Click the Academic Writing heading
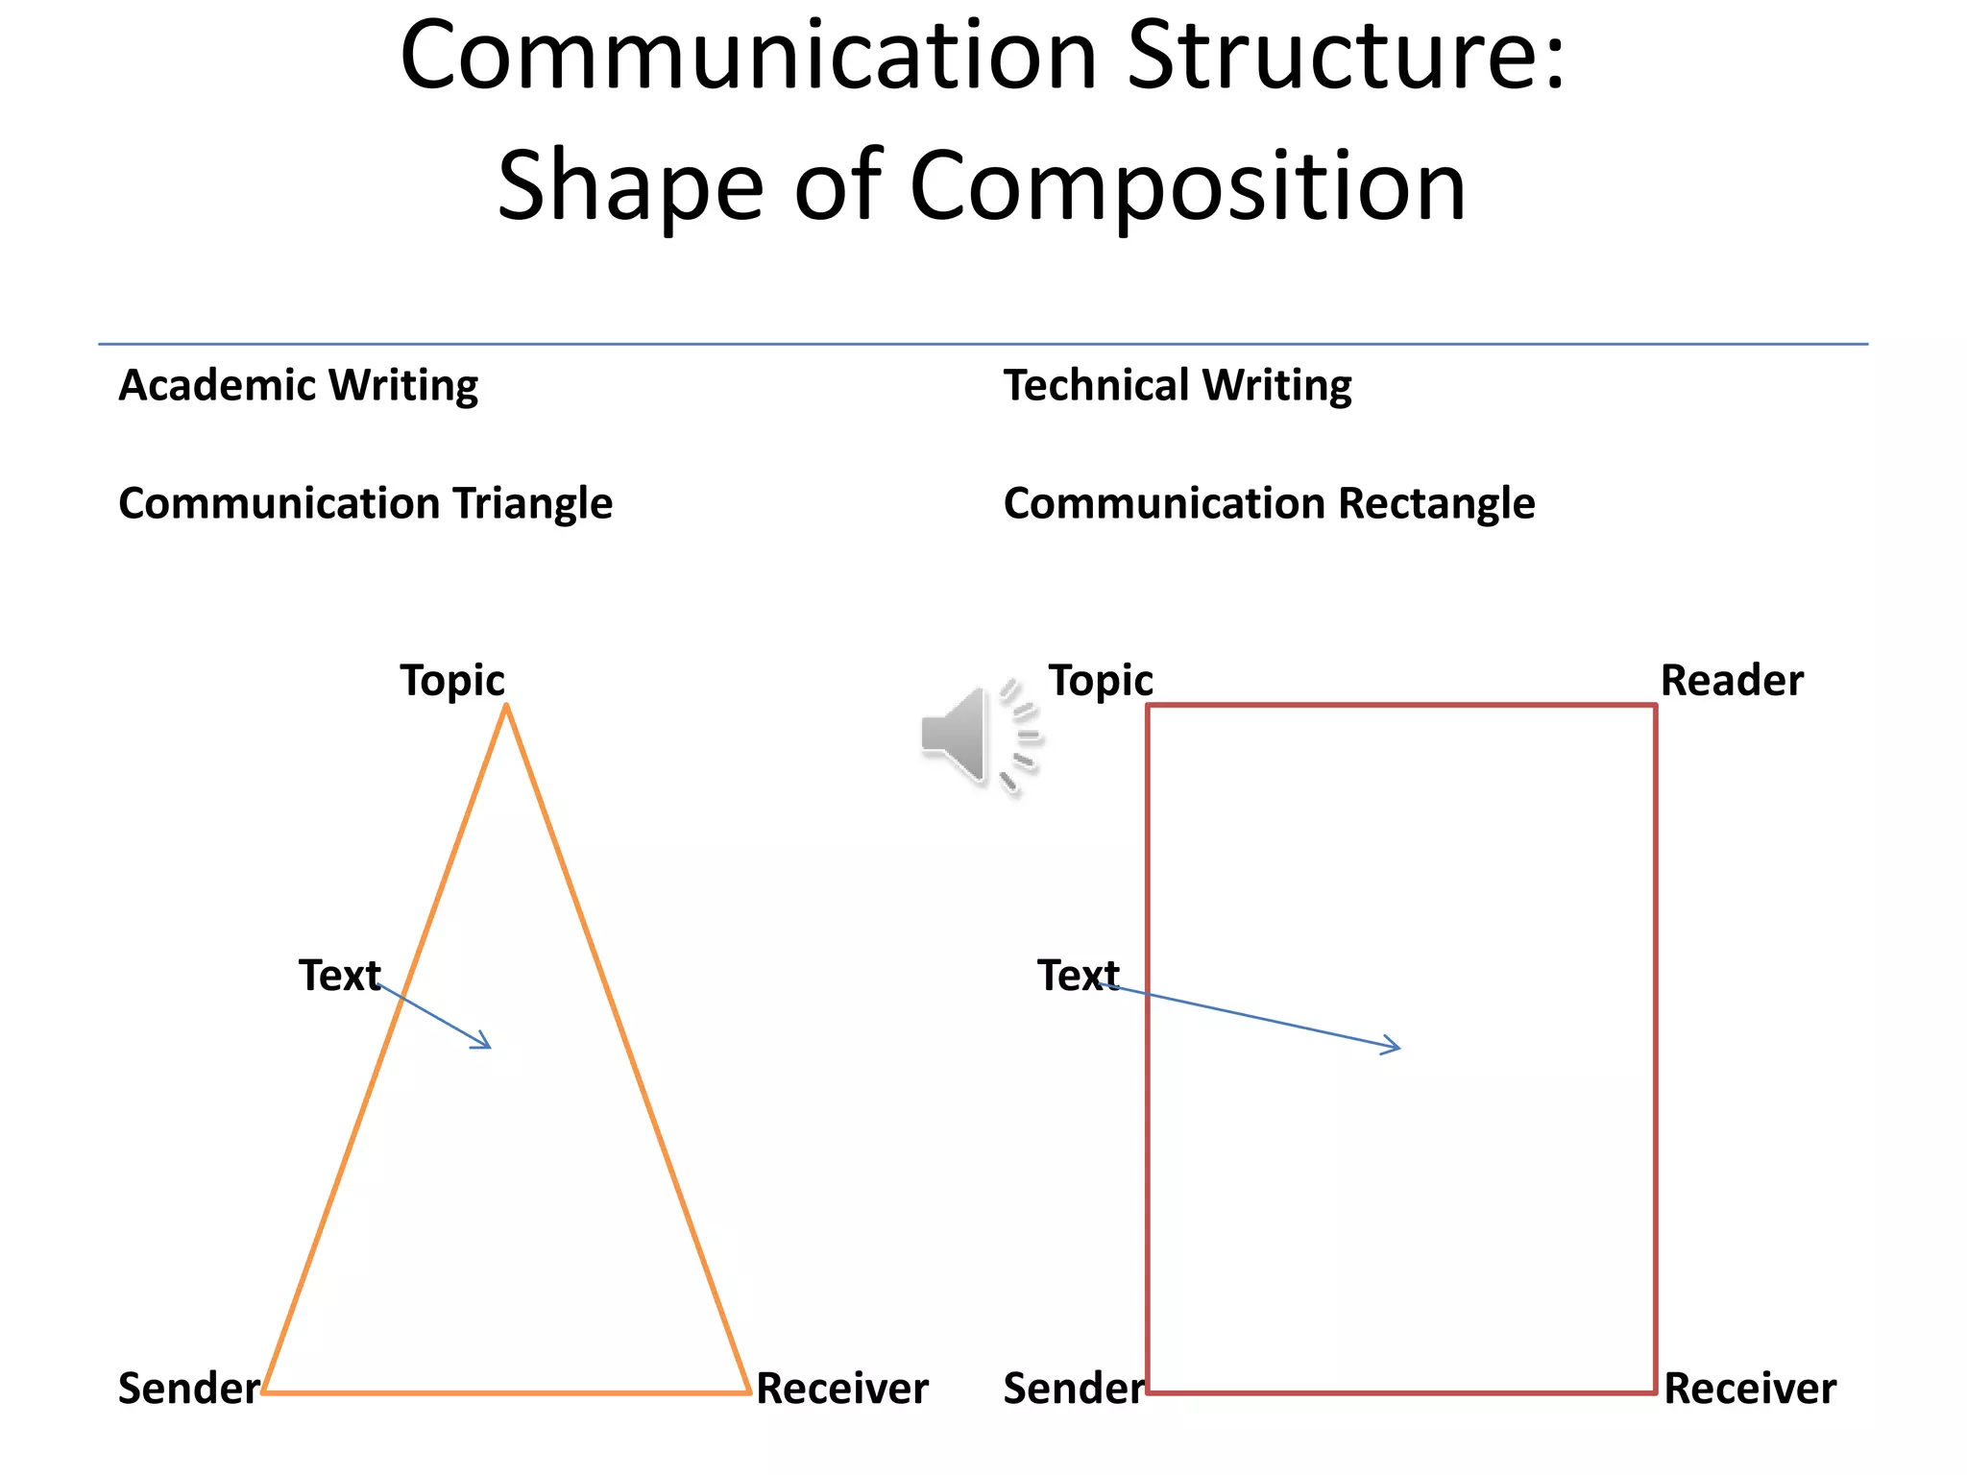[298, 386]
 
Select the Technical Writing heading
[1178, 386]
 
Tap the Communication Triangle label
[365, 504]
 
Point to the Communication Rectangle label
[1269, 504]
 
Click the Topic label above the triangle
[452, 681]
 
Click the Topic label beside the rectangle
[1101, 681]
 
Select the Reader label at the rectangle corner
[1732, 681]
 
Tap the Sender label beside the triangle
[188, 1389]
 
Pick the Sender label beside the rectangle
[1074, 1389]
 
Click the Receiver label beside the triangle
[842, 1389]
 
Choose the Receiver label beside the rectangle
[1750, 1389]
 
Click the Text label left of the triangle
[339, 976]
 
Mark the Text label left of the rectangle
[1078, 976]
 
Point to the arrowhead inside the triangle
[485, 1043]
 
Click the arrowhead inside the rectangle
[1395, 1046]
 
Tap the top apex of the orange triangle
[506, 707]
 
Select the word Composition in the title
[1187, 186]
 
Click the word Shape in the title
[630, 186]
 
